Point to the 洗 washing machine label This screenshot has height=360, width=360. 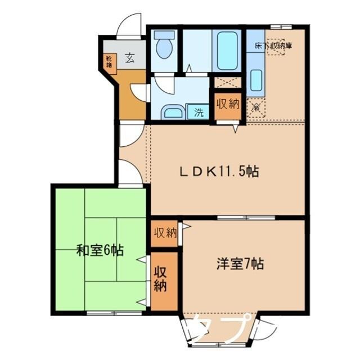199,112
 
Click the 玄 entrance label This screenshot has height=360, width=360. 130,57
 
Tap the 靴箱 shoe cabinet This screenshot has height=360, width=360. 109,61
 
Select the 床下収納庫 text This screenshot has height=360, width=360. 273,46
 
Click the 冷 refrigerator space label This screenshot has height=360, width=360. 255,106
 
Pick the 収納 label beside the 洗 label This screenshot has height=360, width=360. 228,104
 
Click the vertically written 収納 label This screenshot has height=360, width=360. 161,279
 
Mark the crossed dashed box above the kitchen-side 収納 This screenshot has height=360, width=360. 228,82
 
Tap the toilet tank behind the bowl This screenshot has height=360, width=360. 164,34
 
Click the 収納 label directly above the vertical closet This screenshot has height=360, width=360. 164,232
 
